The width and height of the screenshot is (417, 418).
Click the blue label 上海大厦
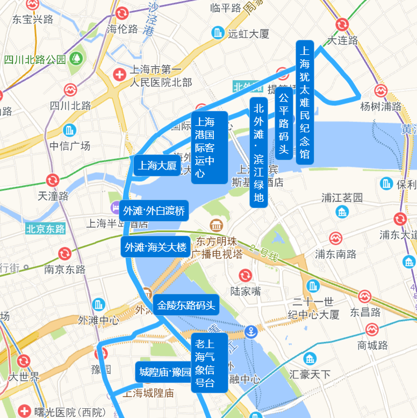pyautogui.click(x=157, y=166)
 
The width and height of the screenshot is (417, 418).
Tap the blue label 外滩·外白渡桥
pyautogui.click(x=154, y=210)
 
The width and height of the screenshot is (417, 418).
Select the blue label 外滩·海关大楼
pyautogui.click(x=155, y=247)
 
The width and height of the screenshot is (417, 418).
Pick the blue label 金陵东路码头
pyautogui.click(x=186, y=306)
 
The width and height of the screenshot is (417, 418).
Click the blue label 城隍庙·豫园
pyautogui.click(x=164, y=372)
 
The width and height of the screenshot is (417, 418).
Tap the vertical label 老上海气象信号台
pyautogui.click(x=204, y=363)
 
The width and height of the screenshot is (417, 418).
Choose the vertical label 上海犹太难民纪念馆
pyautogui.click(x=305, y=102)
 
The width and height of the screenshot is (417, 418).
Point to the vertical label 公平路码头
pyautogui.click(x=283, y=123)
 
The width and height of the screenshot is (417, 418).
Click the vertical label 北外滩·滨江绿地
pyautogui.click(x=259, y=152)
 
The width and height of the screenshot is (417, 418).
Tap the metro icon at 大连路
pyautogui.click(x=342, y=24)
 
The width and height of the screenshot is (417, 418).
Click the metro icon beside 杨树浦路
pyautogui.click(x=381, y=90)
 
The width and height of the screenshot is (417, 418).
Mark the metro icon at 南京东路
pyautogui.click(x=64, y=253)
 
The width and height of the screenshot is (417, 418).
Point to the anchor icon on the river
pyautogui.click(x=251, y=332)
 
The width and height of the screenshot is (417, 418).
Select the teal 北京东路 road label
pyautogui.click(x=45, y=229)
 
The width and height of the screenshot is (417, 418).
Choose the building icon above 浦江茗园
pyautogui.click(x=342, y=211)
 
